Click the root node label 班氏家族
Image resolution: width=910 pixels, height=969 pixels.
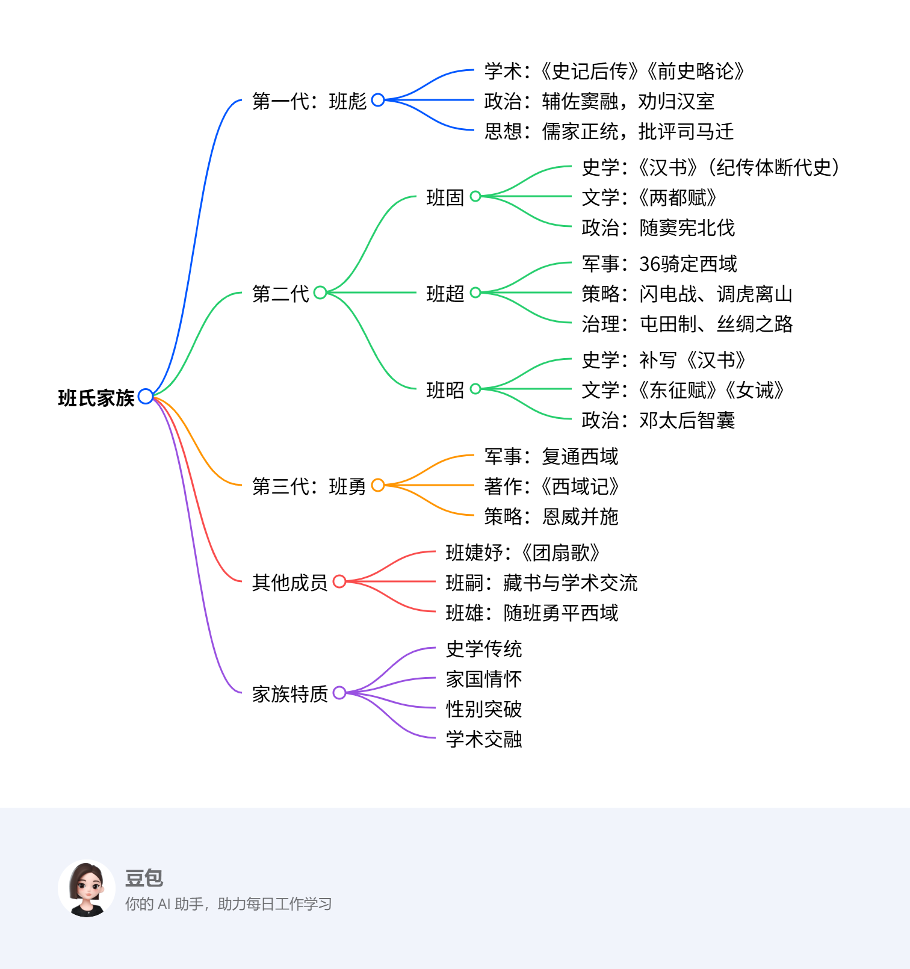[96, 398]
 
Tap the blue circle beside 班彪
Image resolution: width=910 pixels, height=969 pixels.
[378, 100]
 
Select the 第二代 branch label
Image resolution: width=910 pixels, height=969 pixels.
[280, 293]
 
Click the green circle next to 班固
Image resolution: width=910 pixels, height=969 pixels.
[475, 196]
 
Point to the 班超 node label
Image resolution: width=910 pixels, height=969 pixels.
[445, 293]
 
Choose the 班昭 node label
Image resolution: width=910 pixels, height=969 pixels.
[445, 389]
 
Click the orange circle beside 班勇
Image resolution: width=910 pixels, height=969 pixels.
[378, 485]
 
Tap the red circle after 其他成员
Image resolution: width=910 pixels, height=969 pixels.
[339, 581]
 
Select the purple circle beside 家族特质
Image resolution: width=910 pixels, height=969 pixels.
[339, 693]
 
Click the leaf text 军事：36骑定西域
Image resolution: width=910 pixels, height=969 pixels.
[659, 264]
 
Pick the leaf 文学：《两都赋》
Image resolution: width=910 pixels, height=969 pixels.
[649, 197]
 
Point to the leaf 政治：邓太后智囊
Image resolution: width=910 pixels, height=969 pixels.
[658, 420]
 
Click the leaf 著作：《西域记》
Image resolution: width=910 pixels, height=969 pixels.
[552, 486]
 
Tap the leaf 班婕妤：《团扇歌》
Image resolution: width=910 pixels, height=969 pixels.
[523, 553]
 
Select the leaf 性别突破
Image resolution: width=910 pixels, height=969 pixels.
[484, 709]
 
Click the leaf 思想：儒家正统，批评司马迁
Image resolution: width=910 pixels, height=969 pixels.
[609, 131]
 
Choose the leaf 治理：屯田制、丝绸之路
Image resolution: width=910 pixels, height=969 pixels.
[687, 324]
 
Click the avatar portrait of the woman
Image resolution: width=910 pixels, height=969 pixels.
[87, 888]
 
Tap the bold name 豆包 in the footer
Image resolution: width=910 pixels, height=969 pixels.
[144, 878]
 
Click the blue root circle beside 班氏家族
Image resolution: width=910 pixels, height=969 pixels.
[146, 396]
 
